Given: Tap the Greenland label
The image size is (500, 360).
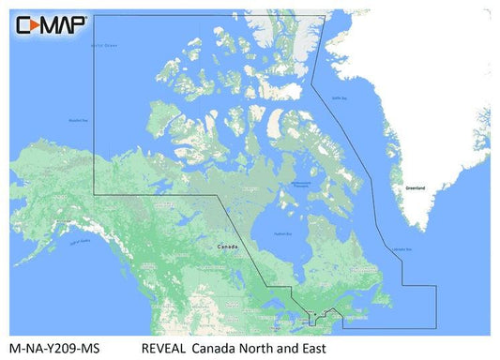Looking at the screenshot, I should tap(415, 188).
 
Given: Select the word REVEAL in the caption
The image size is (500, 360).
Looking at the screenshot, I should tap(165, 348).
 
